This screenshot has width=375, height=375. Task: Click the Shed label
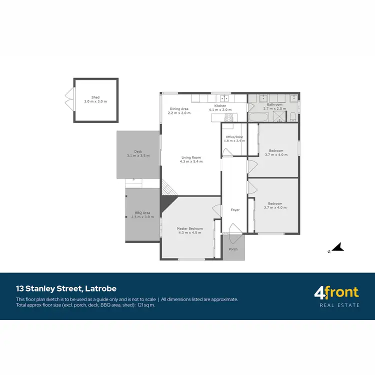tap(95, 97)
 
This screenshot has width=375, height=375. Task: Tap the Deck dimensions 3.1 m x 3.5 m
tap(138, 156)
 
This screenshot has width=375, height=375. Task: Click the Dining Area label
tap(178, 108)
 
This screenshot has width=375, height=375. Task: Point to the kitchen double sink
tap(225, 98)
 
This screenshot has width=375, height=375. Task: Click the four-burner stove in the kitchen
tap(229, 117)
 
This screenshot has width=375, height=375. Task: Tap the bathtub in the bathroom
tap(258, 117)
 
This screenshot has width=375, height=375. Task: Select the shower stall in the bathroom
tap(277, 116)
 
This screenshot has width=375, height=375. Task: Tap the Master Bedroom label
tap(189, 228)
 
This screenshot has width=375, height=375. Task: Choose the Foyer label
tap(235, 210)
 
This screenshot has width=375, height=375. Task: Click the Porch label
tap(233, 248)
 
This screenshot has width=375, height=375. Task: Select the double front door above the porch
tap(233, 230)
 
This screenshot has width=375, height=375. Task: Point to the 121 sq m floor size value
tap(145, 304)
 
